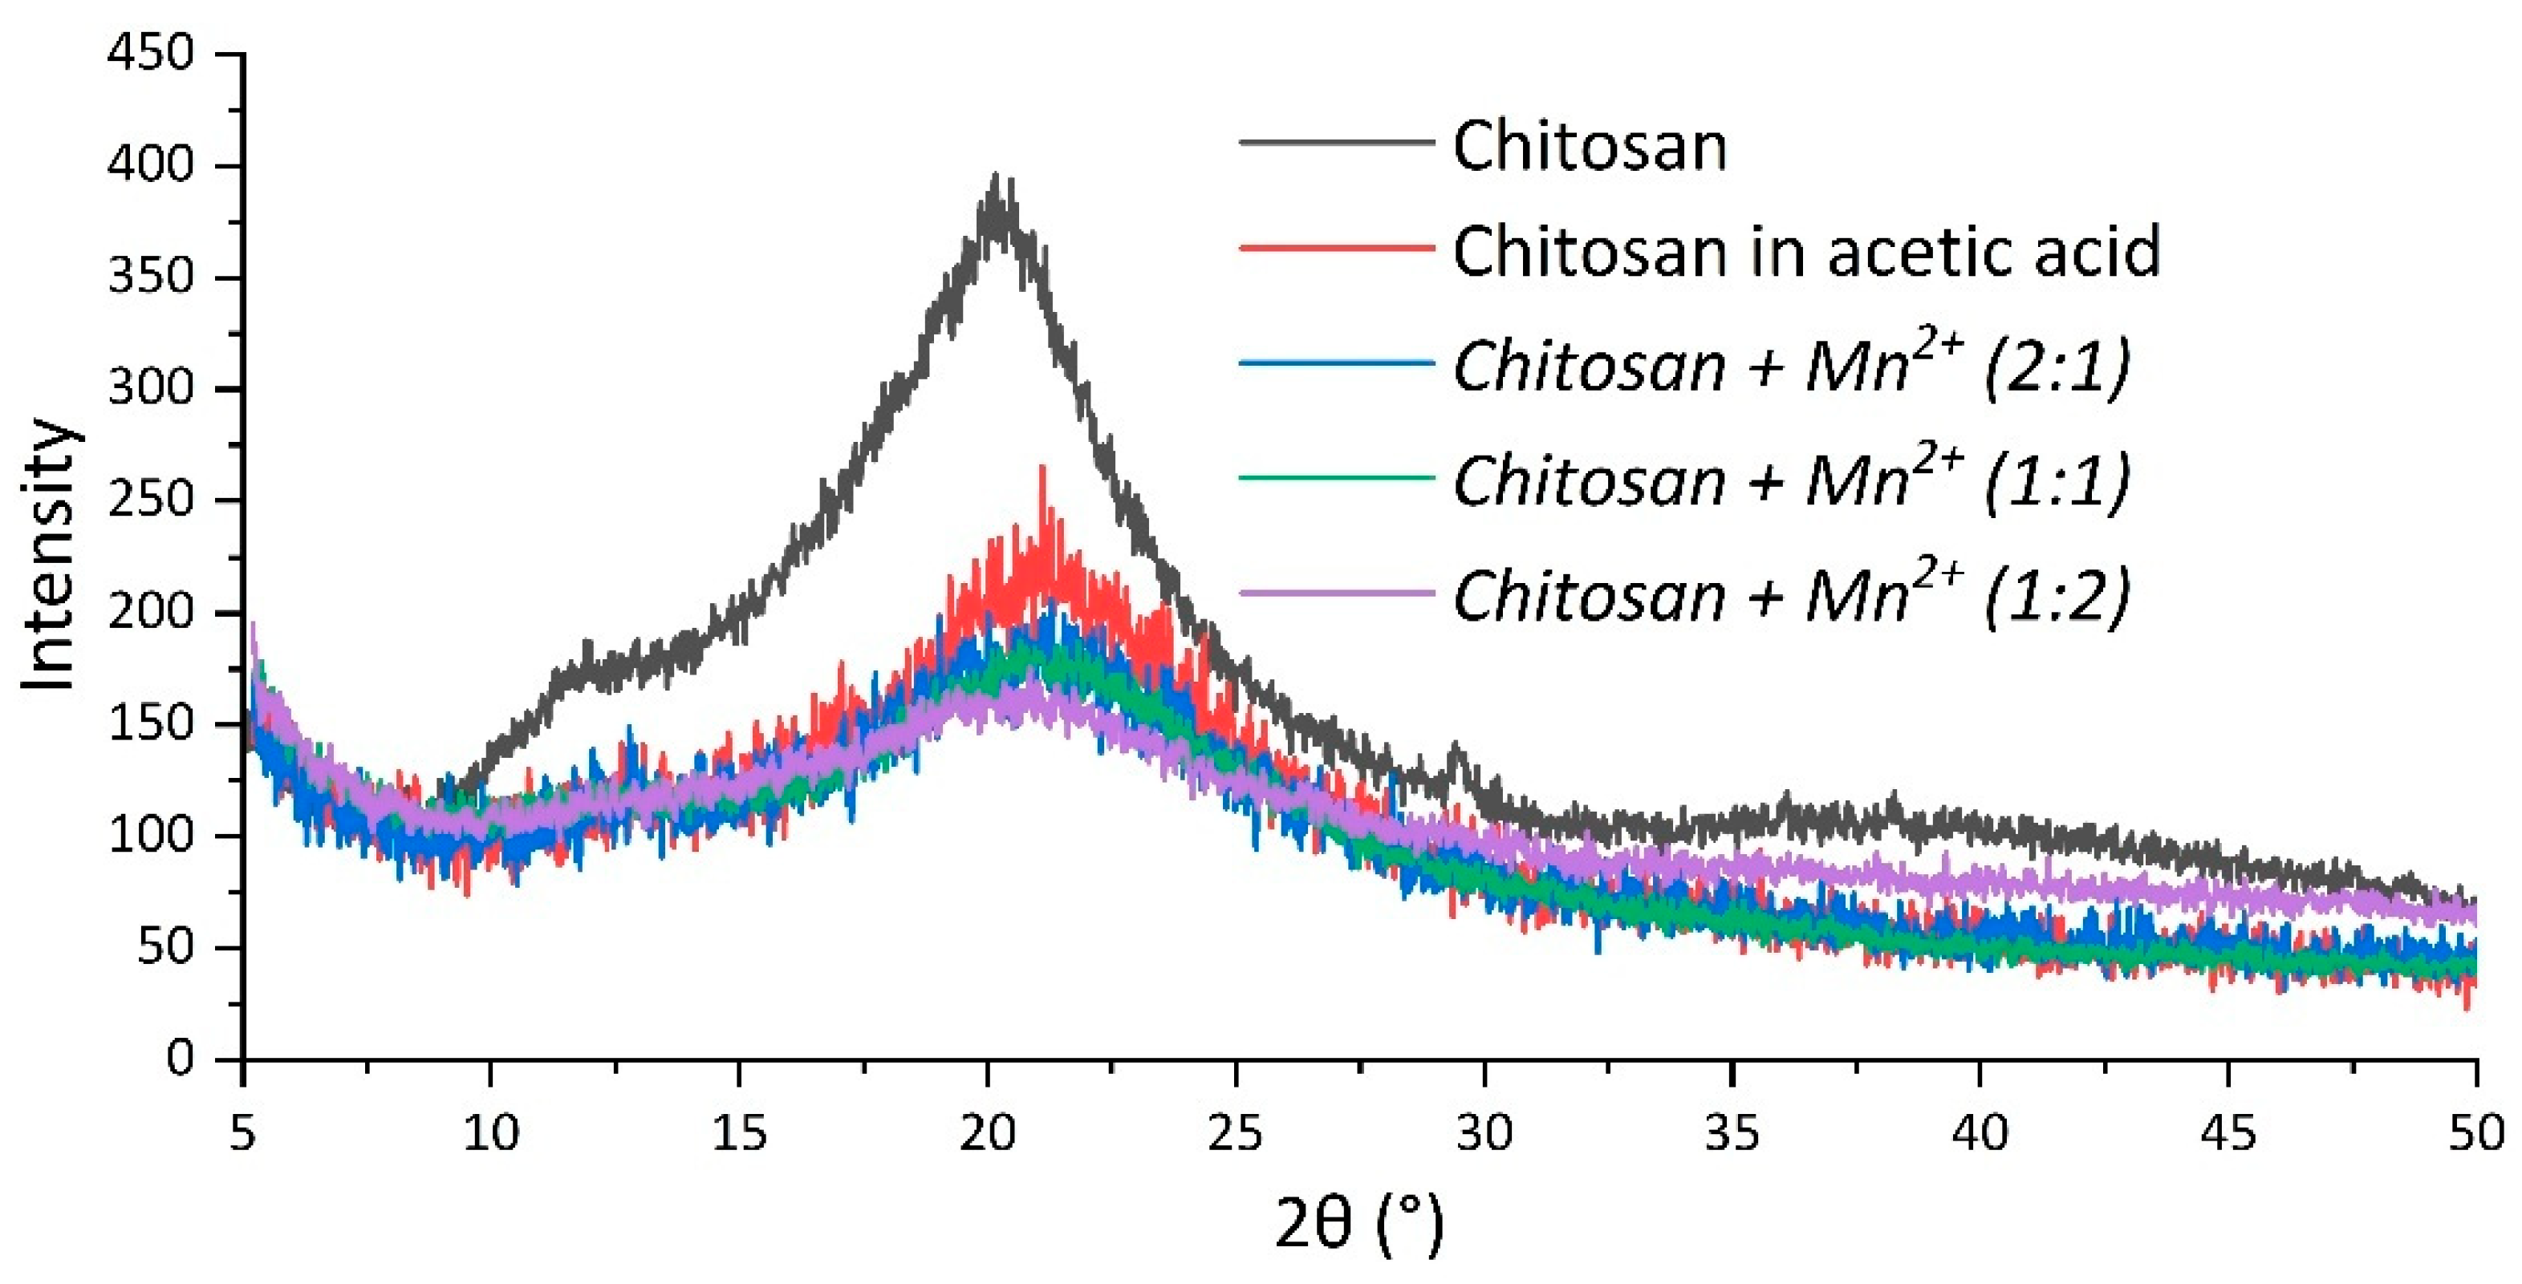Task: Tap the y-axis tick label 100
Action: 151,835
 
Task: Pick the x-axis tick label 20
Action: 987,1133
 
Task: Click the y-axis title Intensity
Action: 49,556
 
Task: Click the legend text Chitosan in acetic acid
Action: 1806,252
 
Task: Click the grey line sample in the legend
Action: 1336,142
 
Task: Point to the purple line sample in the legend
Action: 1336,593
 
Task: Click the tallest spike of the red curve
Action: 1042,468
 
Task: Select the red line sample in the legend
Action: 1336,248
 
